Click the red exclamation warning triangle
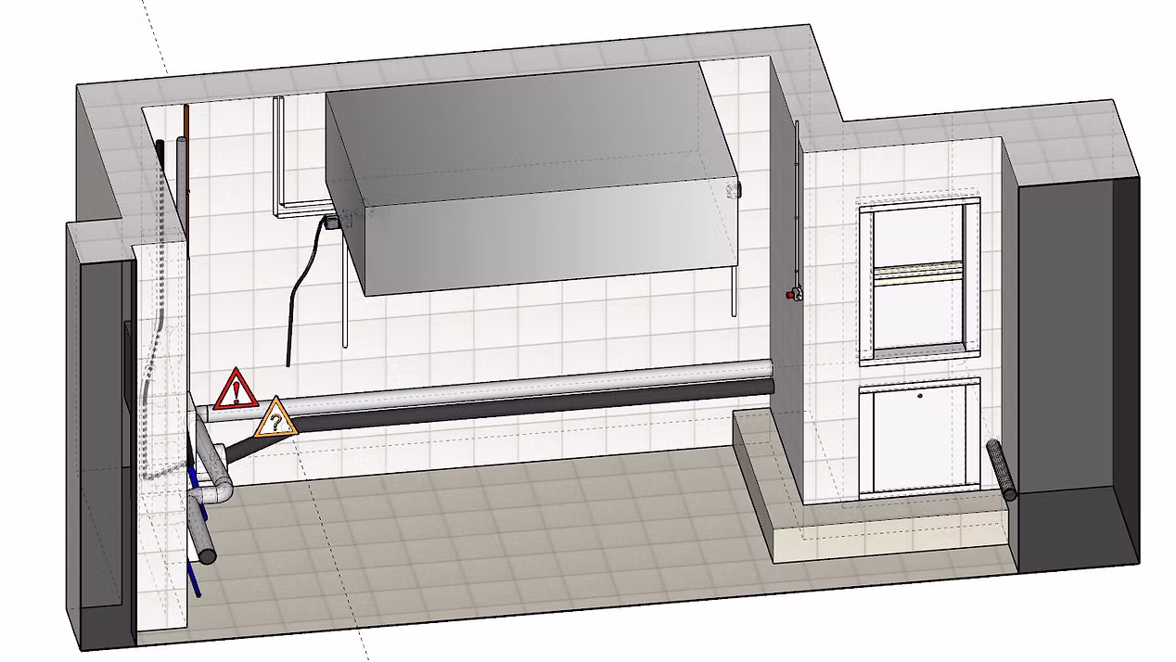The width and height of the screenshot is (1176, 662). click(236, 390)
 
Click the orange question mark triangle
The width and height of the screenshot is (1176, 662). click(275, 419)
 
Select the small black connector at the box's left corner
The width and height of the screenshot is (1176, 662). click(330, 222)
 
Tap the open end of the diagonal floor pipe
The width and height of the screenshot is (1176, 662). click(206, 555)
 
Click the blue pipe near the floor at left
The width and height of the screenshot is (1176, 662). click(194, 575)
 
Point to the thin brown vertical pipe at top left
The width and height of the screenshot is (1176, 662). click(186, 167)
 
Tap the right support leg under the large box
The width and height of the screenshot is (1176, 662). click(735, 292)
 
